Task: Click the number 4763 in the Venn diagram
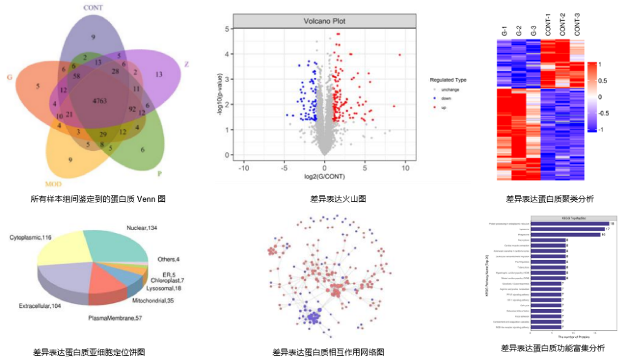pyautogui.click(x=101, y=100)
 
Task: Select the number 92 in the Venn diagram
pyautogui.click(x=131, y=110)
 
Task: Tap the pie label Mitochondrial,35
pyautogui.click(x=153, y=301)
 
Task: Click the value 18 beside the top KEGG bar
pyautogui.click(x=612, y=224)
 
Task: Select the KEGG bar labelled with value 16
pyautogui.click(x=565, y=234)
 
